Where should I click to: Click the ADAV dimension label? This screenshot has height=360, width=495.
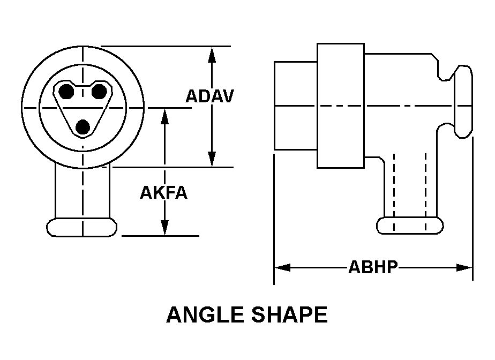(x=209, y=96)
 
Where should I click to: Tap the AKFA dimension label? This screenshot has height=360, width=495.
(x=163, y=192)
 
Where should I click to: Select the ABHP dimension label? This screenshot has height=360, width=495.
(x=373, y=267)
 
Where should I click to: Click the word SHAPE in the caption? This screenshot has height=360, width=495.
(x=289, y=314)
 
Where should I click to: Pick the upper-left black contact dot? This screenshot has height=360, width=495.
(x=66, y=92)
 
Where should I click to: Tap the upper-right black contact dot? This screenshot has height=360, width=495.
(x=99, y=92)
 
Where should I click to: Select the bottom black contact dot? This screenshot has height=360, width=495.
(x=83, y=127)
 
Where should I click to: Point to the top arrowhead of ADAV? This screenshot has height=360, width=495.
(x=212, y=54)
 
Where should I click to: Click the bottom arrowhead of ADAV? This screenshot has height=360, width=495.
(x=212, y=159)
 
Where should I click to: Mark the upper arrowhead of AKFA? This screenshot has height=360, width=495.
(x=164, y=116)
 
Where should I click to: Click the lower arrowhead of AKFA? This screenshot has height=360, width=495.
(x=164, y=228)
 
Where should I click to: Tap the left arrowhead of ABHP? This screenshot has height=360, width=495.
(x=282, y=268)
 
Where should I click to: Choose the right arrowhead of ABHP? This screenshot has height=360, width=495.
(x=464, y=268)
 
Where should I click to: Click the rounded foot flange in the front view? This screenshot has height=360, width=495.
(x=82, y=227)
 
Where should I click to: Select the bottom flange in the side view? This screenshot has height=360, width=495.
(x=410, y=226)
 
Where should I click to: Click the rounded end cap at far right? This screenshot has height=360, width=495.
(x=463, y=101)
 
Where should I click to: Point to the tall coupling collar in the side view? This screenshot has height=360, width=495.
(x=341, y=106)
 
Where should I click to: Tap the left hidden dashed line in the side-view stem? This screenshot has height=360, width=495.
(x=394, y=192)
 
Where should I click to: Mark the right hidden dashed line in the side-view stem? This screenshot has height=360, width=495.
(x=425, y=192)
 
